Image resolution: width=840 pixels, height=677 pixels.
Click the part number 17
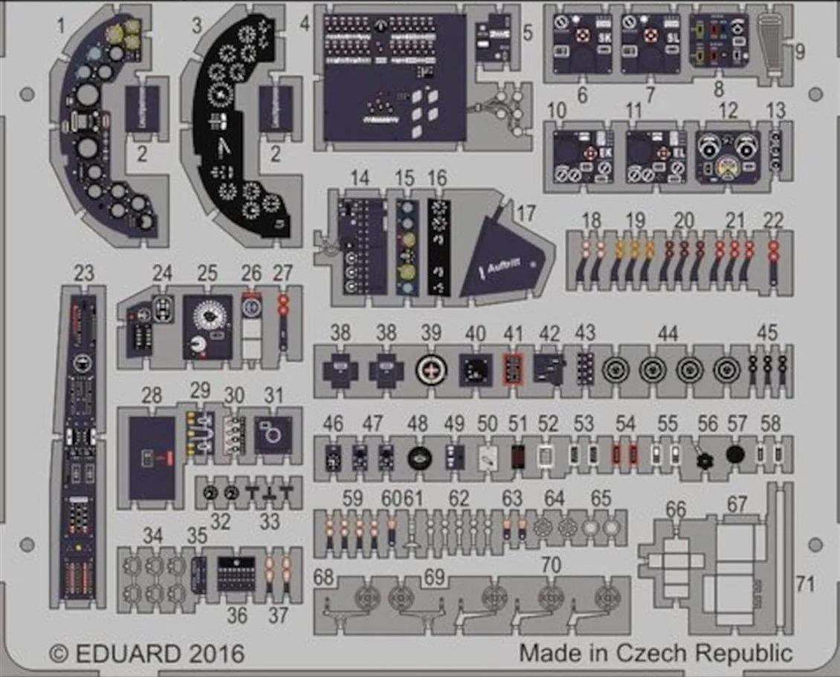[x=526, y=213]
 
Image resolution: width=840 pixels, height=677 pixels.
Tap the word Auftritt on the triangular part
[x=507, y=264]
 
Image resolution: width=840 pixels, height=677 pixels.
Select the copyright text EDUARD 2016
[x=147, y=654]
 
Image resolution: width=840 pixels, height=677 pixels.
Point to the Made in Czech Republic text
[x=656, y=654]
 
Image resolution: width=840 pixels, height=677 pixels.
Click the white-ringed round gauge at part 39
[x=430, y=368]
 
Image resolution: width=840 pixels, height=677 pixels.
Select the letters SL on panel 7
[x=674, y=38]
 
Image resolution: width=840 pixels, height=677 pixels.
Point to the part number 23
[x=84, y=274]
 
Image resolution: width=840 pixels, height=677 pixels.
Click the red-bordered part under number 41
[x=511, y=368]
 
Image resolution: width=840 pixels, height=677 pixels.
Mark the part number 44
[x=668, y=334]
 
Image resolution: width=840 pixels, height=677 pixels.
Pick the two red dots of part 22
[x=774, y=252]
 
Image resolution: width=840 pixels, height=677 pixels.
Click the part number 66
[x=676, y=509]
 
